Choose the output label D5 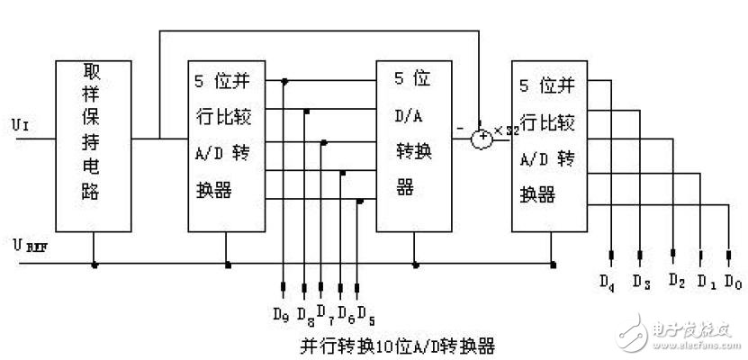(x=365, y=315)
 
